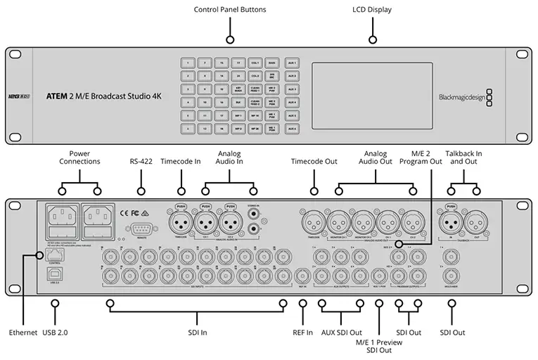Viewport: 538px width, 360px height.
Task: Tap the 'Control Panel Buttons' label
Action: click(230, 10)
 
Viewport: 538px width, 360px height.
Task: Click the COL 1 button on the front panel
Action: click(255, 63)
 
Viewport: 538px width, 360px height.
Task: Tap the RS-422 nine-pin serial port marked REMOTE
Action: click(141, 229)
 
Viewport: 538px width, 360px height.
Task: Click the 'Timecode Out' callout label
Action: click(314, 161)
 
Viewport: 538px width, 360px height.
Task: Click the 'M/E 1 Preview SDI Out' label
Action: click(379, 345)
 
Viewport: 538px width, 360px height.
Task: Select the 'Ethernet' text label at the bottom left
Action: click(23, 331)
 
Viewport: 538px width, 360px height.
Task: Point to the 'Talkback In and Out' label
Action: click(463, 157)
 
